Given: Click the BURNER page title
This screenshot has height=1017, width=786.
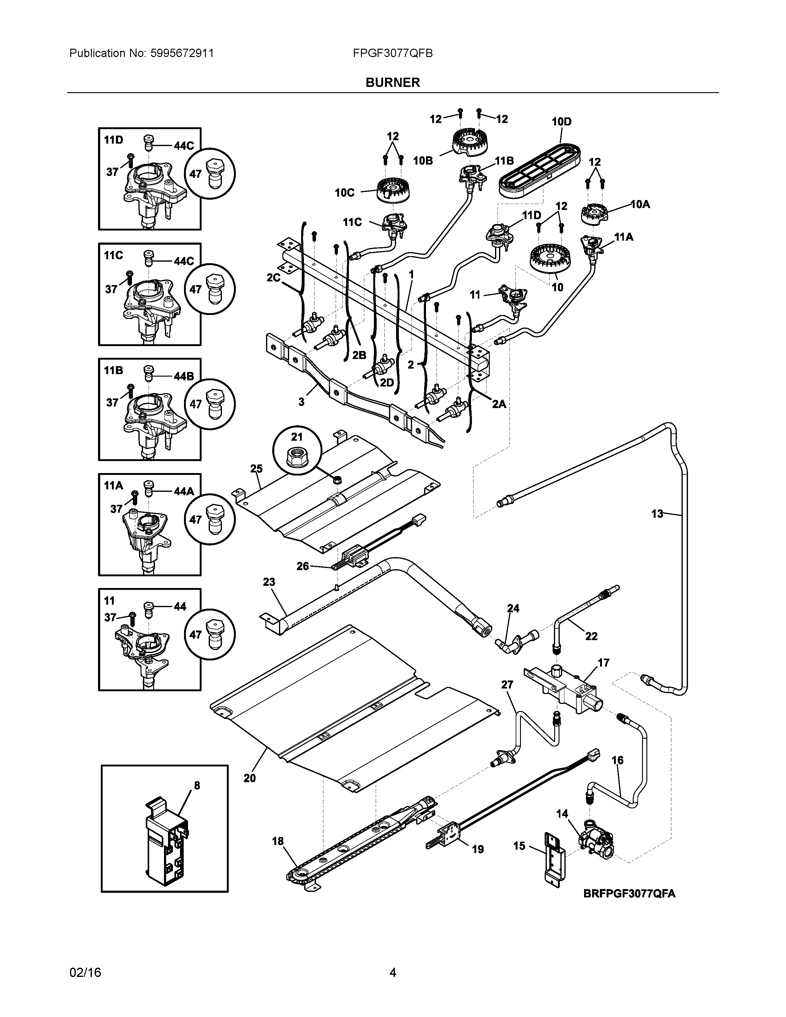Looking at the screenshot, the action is [x=392, y=82].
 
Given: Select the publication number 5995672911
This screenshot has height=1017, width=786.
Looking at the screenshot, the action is [x=182, y=53].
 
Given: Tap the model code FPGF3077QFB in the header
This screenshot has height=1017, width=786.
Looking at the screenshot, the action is [x=392, y=53].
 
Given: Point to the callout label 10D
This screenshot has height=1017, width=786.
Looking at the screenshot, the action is [x=562, y=121].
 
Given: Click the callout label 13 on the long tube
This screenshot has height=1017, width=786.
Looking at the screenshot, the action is [x=657, y=514].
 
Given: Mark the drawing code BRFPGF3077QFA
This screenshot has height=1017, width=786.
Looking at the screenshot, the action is [x=629, y=893].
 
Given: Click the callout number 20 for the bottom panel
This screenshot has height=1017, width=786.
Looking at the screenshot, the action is [x=250, y=778].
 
